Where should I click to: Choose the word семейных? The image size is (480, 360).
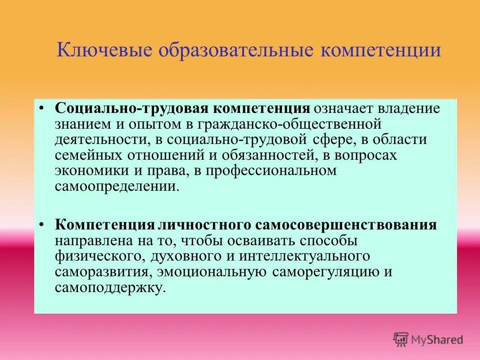click(x=86, y=155)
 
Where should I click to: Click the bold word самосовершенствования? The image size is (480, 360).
click(x=347, y=225)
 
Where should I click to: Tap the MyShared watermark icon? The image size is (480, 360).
click(x=401, y=339)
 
